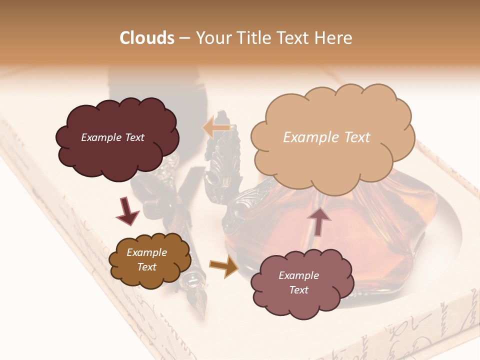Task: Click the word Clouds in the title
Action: click(147, 38)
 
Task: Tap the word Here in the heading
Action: click(334, 38)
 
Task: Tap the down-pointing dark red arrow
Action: click(127, 211)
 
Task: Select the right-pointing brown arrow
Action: click(224, 266)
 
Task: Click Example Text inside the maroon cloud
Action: click(112, 137)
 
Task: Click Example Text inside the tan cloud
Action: click(326, 137)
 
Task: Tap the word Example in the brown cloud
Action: click(146, 252)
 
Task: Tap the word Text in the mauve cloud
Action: click(298, 290)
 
